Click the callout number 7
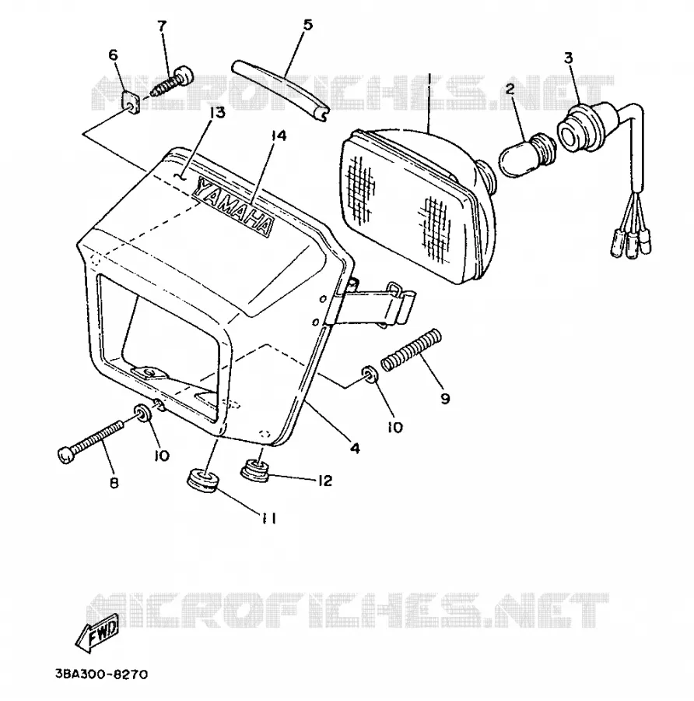[162, 26]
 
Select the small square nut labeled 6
[131, 102]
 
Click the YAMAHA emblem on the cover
[233, 205]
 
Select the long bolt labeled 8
[91, 442]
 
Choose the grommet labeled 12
[255, 470]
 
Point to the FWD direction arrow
[97, 632]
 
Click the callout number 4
[355, 448]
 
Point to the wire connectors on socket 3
[630, 243]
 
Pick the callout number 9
[445, 398]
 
